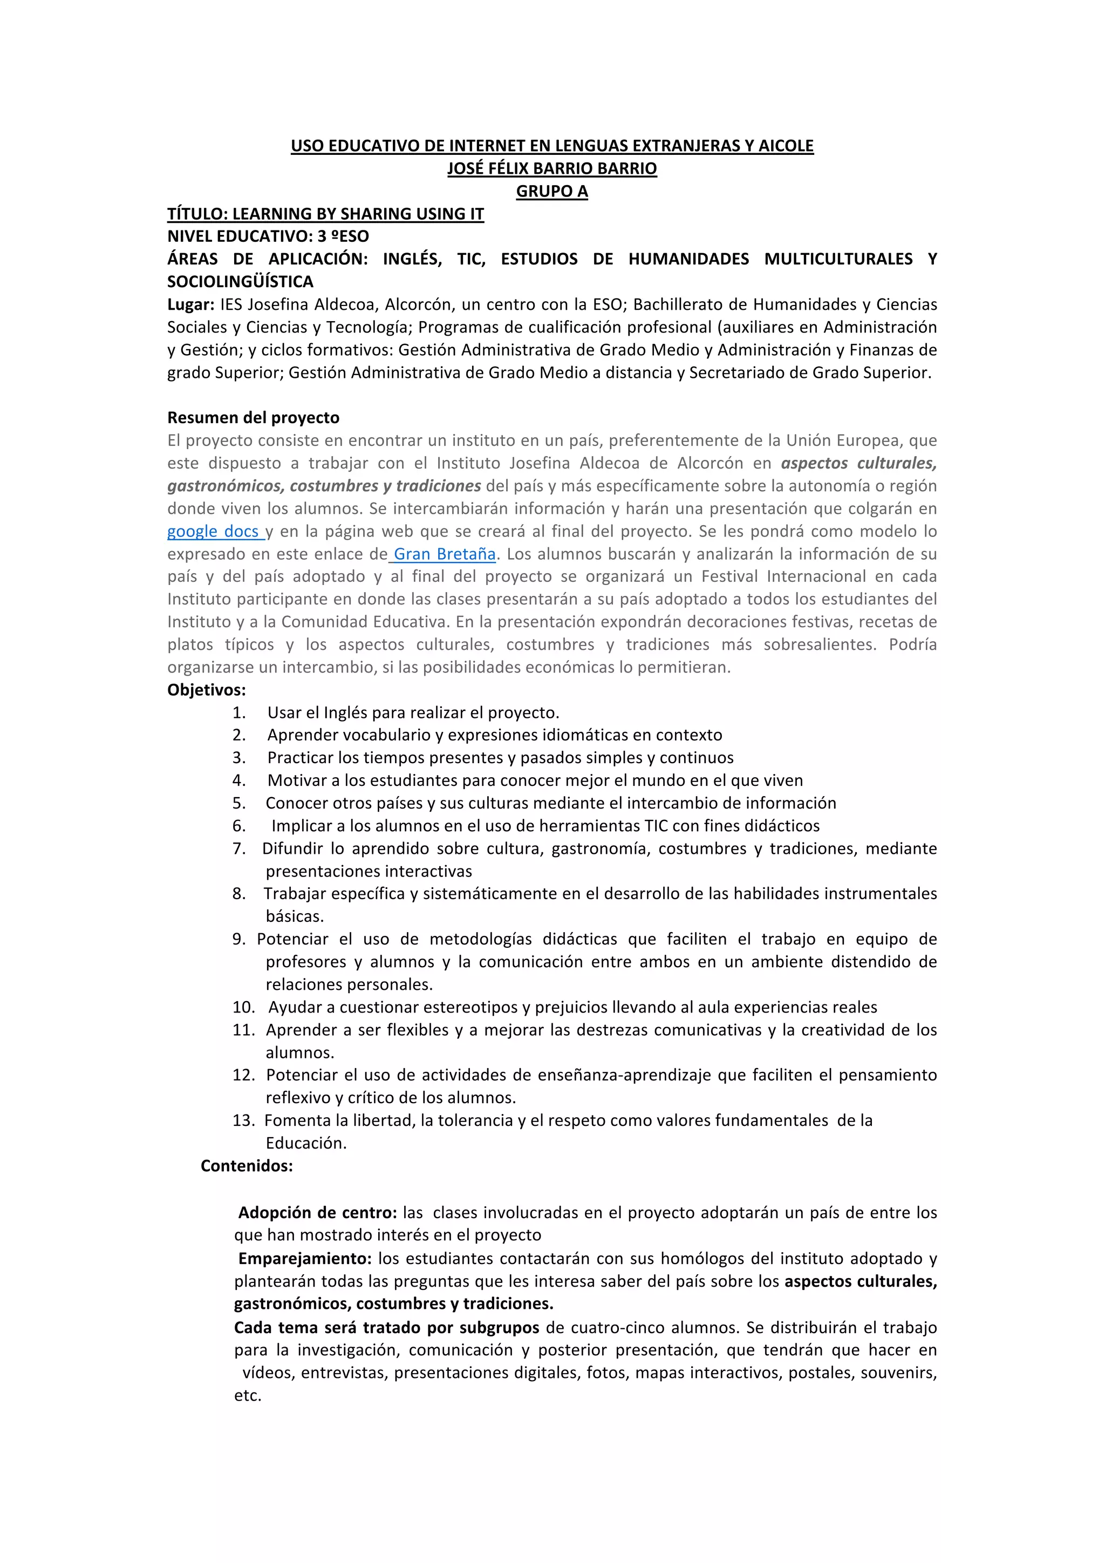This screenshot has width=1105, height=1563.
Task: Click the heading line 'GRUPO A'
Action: point(552,191)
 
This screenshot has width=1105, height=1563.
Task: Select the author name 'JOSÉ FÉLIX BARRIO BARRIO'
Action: point(552,169)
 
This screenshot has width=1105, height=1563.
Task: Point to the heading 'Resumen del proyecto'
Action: point(253,418)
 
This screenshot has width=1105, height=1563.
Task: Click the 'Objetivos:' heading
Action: point(207,690)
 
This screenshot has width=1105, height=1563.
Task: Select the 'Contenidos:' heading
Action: point(247,1165)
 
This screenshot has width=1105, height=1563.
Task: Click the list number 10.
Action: point(243,1007)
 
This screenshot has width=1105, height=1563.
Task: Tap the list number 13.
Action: point(243,1120)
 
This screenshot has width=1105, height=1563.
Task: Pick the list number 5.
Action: point(239,803)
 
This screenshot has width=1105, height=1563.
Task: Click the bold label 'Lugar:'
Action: point(191,304)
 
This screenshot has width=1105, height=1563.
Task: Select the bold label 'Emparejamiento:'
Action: point(305,1259)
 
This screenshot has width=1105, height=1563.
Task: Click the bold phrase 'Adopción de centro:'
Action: point(317,1212)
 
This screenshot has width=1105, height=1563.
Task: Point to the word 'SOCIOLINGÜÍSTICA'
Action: point(240,282)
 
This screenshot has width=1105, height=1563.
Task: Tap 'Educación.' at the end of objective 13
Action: point(306,1143)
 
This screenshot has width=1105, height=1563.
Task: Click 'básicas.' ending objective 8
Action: point(295,916)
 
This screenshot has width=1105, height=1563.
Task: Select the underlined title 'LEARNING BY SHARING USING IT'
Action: point(358,214)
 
